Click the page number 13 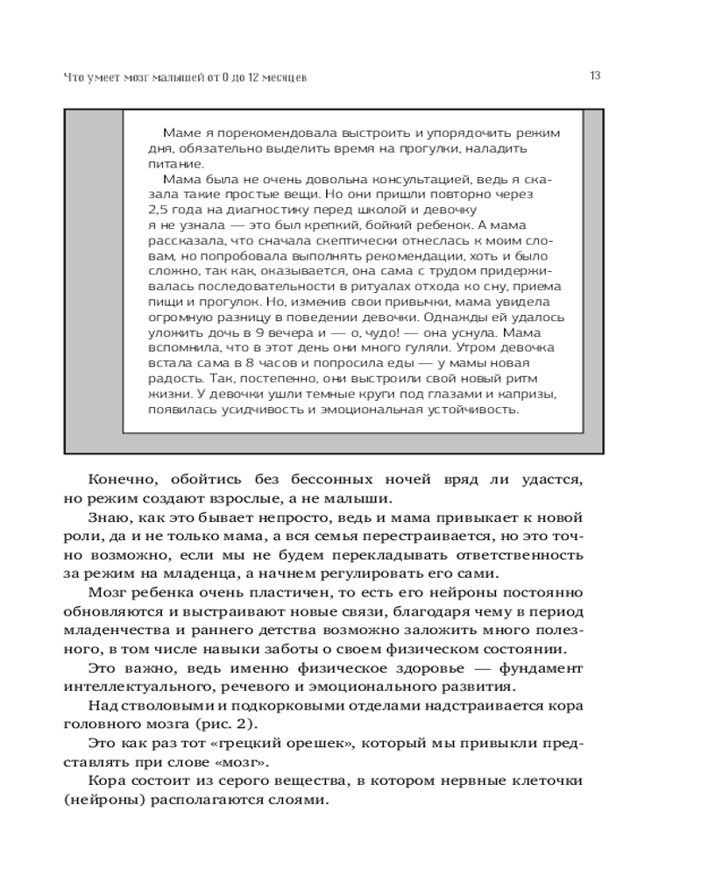(595, 75)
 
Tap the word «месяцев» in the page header (282, 77)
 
